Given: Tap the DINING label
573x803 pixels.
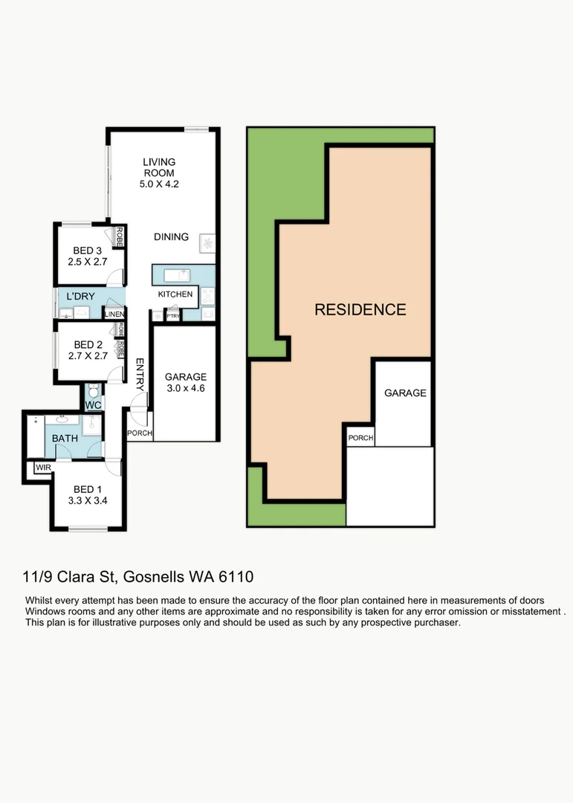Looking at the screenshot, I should click(171, 237).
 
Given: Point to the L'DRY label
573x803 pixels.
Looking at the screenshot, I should click(80, 297).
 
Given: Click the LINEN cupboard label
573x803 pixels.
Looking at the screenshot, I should click(114, 315).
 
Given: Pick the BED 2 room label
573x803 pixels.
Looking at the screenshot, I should click(88, 344).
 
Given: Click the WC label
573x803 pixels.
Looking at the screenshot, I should click(93, 405).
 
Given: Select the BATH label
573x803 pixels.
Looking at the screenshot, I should click(65, 439).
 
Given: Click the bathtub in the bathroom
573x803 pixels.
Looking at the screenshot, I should click(34, 437).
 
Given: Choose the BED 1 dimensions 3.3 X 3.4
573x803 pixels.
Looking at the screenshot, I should click(88, 500).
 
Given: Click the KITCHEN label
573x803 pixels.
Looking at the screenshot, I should click(175, 294).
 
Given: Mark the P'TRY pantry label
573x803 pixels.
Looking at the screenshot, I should click(173, 315).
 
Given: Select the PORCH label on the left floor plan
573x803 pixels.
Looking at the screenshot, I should click(139, 433).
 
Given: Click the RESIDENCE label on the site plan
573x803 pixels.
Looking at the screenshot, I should click(360, 310).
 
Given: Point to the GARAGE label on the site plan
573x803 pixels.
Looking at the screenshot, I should click(405, 393).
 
